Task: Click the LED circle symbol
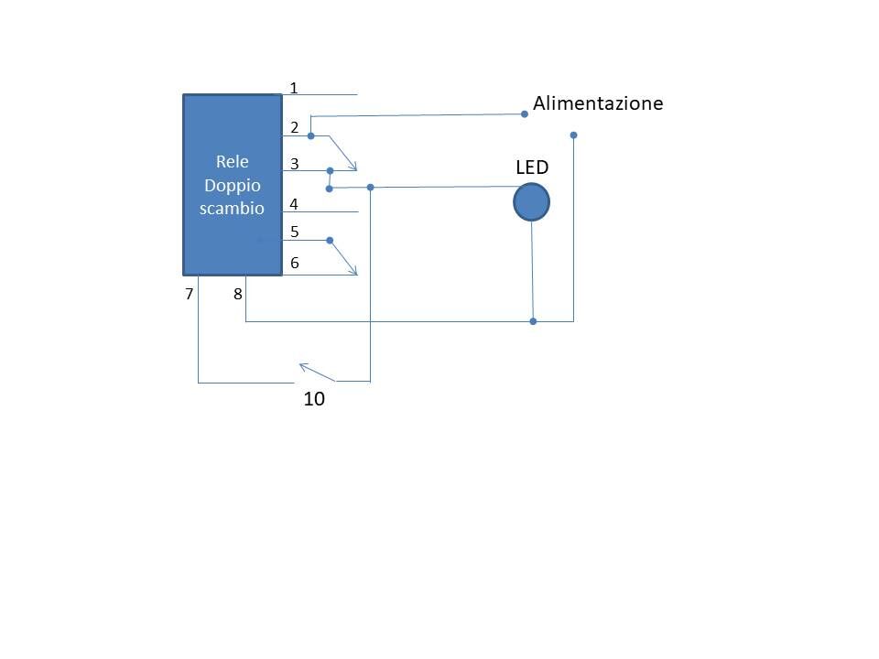[531, 202]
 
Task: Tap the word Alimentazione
[598, 103]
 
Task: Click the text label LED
[532, 167]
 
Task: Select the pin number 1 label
[293, 88]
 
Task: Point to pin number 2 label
[294, 128]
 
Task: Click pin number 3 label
[294, 164]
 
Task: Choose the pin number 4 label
[294, 204]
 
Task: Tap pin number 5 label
[294, 232]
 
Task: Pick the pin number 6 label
[294, 263]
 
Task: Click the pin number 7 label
[189, 294]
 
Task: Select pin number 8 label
[238, 294]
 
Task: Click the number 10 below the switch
[314, 398]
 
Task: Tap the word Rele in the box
[232, 161]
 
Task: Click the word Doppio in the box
[232, 186]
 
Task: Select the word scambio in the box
[232, 208]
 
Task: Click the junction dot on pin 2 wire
[311, 135]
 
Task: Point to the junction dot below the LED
[533, 321]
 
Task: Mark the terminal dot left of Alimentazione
[525, 114]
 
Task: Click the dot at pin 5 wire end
[330, 241]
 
